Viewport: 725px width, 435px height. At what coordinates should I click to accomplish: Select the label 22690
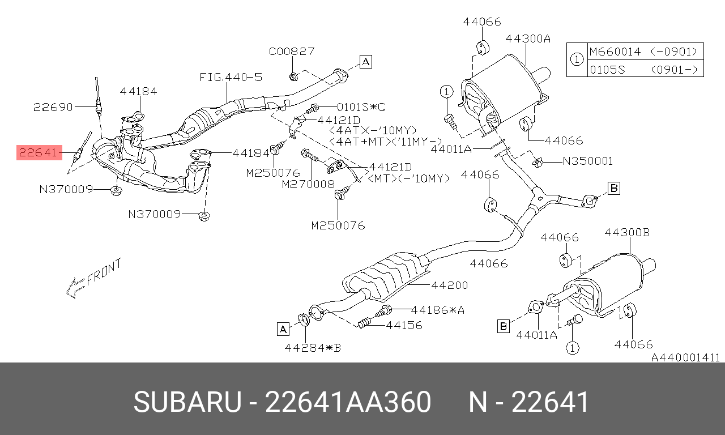tap(53, 107)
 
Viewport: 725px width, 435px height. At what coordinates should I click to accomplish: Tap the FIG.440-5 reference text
tap(231, 78)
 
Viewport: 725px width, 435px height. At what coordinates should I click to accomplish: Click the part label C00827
tap(292, 52)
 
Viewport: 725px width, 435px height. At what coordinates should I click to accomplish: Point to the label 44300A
tap(528, 39)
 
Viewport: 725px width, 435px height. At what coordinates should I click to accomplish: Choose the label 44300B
tap(627, 232)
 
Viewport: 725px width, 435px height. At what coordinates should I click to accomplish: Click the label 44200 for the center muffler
tap(450, 285)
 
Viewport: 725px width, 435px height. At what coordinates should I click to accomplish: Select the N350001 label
tap(588, 161)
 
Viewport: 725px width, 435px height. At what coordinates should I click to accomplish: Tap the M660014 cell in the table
tap(615, 52)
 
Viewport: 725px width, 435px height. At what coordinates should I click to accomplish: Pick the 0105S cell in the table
tap(608, 70)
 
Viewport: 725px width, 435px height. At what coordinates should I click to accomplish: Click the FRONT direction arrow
tap(94, 278)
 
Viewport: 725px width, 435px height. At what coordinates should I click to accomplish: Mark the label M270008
tap(308, 184)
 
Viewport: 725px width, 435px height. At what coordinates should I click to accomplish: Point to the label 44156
tap(404, 325)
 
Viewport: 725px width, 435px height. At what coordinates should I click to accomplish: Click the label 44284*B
tap(313, 348)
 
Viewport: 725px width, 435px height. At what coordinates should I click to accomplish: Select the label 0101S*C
tap(361, 107)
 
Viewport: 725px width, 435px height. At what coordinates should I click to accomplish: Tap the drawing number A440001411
tap(685, 357)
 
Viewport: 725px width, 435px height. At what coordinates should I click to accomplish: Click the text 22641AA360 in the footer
tap(348, 402)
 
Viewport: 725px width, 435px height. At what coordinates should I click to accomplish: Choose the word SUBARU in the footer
tap(187, 402)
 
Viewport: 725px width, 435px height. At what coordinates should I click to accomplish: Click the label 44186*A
tap(438, 310)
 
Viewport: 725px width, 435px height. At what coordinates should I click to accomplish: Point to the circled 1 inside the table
tap(577, 59)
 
